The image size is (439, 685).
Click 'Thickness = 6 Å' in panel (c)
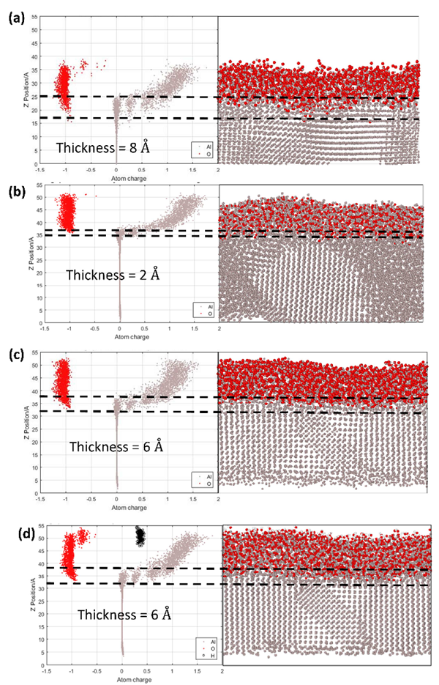(116, 446)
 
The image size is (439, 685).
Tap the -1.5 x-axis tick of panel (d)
(47, 670)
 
